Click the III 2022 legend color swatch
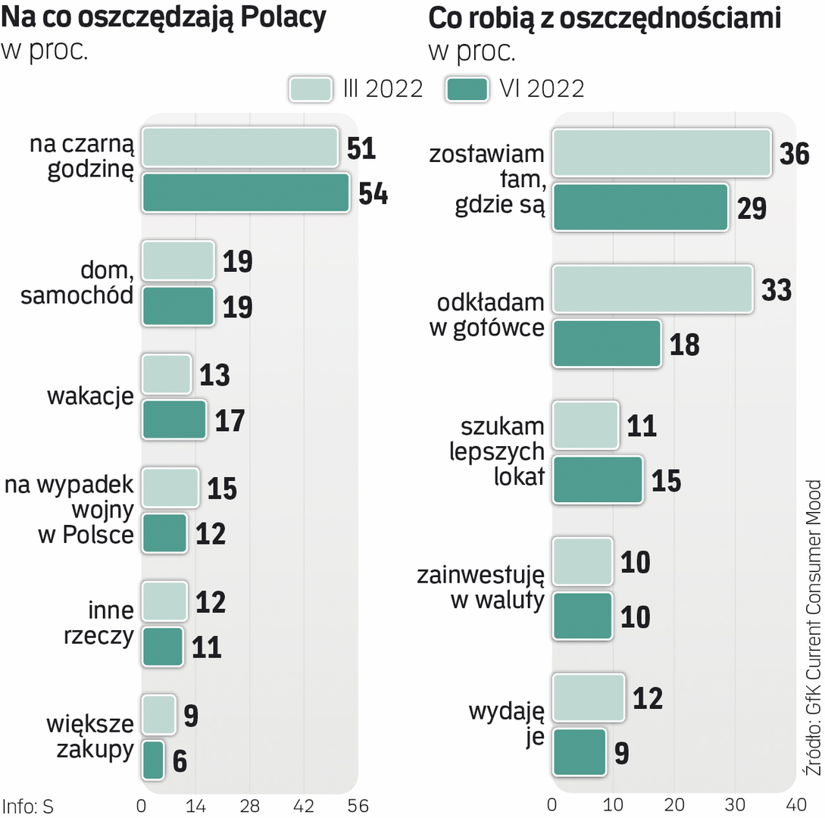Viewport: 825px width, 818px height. (x=310, y=89)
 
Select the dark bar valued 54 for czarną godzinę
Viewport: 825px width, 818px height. (x=245, y=193)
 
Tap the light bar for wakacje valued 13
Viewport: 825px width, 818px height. (x=166, y=374)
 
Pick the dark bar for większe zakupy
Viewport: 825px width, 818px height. (x=152, y=760)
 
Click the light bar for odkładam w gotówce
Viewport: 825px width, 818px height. (x=652, y=289)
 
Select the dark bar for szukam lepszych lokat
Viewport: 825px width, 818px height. (x=597, y=479)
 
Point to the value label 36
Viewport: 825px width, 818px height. (x=795, y=154)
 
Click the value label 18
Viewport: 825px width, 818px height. (x=685, y=344)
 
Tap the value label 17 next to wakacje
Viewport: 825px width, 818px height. (x=230, y=420)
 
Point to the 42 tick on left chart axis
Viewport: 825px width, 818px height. (x=304, y=805)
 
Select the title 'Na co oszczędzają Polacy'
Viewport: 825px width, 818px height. (x=164, y=18)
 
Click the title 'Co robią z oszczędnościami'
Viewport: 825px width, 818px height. (x=605, y=18)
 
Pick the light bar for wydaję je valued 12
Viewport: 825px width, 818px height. (x=588, y=697)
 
